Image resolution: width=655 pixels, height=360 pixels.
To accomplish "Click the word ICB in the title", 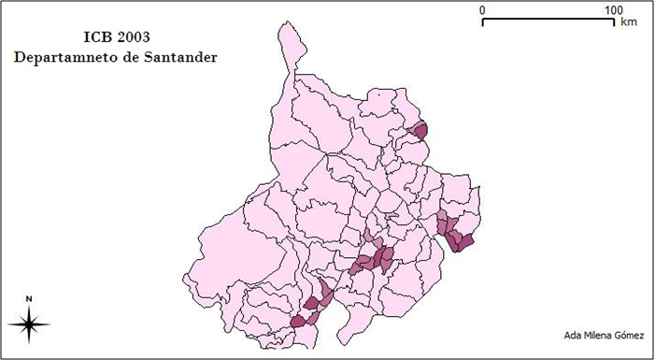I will (x=95, y=38).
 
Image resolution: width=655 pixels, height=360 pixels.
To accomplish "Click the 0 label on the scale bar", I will (x=482, y=9).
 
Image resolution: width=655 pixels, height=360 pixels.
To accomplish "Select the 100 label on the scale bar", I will (x=613, y=9).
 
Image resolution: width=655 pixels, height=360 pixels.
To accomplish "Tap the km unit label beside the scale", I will (x=629, y=22).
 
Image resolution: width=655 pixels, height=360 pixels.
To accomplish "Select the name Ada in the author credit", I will (x=575, y=336).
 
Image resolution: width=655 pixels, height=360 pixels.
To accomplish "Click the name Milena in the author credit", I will (x=602, y=336).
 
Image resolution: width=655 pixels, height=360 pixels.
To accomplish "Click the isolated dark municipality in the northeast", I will (x=420, y=131).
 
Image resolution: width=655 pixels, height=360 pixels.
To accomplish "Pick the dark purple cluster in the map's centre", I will (x=374, y=260).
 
